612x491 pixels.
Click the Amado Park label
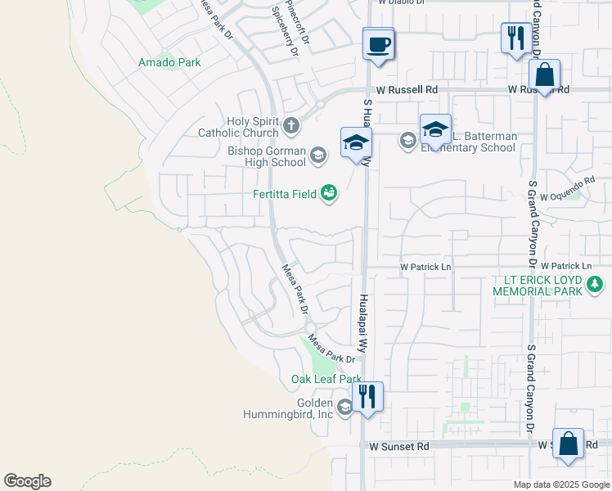(x=169, y=62)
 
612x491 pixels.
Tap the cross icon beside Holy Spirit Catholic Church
(x=292, y=127)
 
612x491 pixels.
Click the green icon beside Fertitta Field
(x=329, y=193)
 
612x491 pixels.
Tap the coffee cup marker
(x=378, y=44)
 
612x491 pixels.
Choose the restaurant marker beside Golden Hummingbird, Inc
(x=367, y=399)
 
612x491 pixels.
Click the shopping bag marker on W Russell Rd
(x=544, y=76)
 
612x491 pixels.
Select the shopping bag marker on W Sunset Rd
(x=568, y=444)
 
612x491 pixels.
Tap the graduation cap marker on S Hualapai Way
(x=356, y=143)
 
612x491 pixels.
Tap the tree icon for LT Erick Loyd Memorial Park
(x=595, y=285)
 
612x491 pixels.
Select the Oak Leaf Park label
(x=326, y=380)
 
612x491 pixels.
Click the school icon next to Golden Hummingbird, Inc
(x=344, y=408)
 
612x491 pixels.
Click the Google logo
(x=27, y=481)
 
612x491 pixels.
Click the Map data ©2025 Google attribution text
(x=561, y=484)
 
